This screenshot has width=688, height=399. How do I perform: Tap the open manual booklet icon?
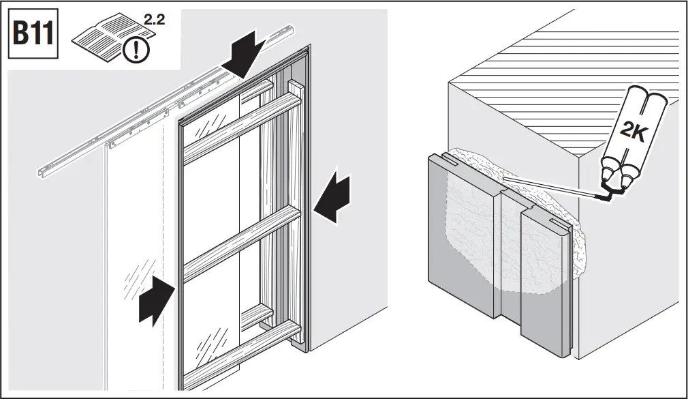pyautogui.click(x=101, y=40)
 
